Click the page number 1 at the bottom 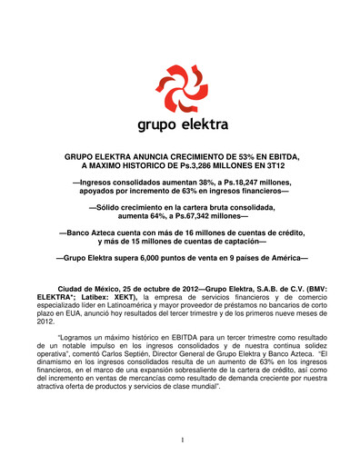(182, 440)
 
